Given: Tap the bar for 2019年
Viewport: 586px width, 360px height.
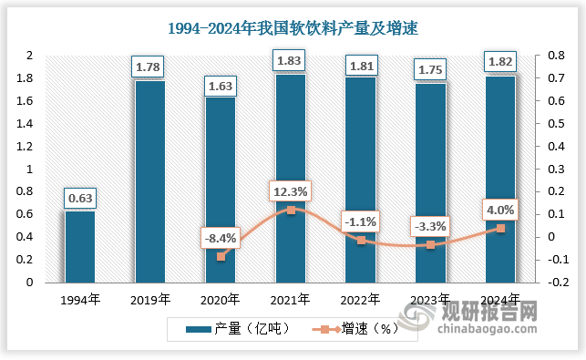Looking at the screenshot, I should click(x=150, y=182).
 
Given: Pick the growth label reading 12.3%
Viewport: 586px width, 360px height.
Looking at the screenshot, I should click(x=291, y=191).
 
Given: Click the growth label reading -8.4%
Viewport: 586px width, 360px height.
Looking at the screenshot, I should click(x=220, y=239).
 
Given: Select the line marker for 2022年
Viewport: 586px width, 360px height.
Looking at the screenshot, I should click(x=361, y=240).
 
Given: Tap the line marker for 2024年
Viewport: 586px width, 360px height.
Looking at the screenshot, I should click(x=500, y=228).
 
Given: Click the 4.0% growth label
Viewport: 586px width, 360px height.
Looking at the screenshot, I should click(x=500, y=211).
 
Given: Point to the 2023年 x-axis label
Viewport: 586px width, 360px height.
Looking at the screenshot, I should click(x=431, y=298).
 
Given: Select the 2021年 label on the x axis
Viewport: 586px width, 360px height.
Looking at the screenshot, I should click(x=291, y=298).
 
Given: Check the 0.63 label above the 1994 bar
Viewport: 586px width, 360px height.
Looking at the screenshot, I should click(x=80, y=197).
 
